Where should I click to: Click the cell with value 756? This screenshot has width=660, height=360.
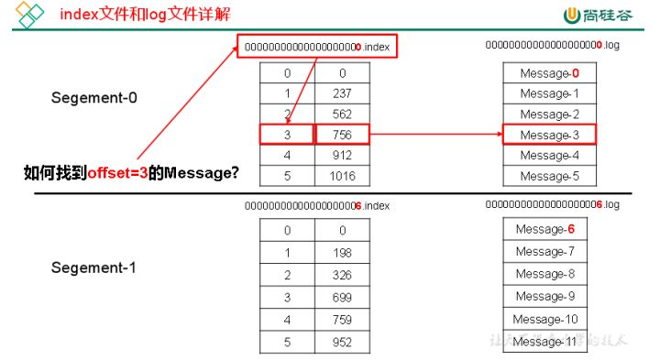click(341, 135)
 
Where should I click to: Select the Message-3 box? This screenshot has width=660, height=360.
click(549, 135)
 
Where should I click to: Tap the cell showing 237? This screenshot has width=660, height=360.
click(341, 93)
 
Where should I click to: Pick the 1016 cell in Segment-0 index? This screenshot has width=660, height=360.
click(341, 176)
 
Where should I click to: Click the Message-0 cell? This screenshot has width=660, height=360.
click(549, 72)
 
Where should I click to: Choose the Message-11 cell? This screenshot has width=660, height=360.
click(545, 342)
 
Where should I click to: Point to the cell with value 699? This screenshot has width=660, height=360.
click(341, 297)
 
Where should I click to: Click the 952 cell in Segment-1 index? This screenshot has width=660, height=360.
click(341, 343)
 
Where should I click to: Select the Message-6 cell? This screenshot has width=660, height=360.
click(545, 229)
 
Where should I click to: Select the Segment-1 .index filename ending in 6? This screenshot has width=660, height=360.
click(317, 206)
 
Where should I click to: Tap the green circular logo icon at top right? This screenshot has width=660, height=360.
click(573, 16)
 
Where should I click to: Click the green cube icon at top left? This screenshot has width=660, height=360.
click(30, 15)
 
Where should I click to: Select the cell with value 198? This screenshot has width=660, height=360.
click(341, 252)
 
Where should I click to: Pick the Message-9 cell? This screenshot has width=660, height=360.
click(545, 296)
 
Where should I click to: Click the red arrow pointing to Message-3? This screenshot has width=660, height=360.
click(434, 135)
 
